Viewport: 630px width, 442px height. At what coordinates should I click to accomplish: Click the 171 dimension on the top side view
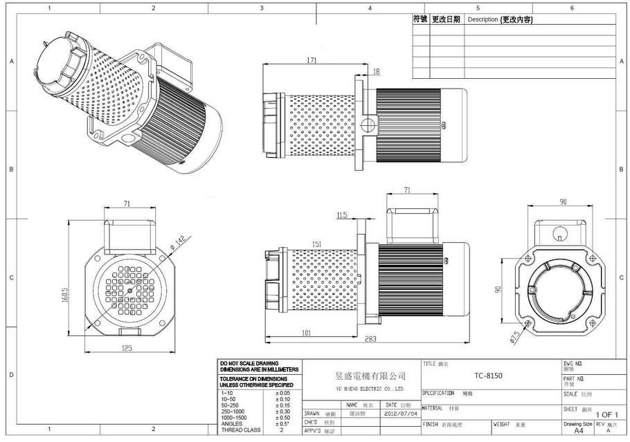click(x=312, y=61)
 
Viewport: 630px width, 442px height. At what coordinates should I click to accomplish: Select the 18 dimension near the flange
click(x=376, y=71)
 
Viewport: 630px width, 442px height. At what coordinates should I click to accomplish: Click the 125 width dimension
click(x=126, y=348)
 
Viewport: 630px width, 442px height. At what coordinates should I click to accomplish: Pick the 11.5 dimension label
click(x=341, y=216)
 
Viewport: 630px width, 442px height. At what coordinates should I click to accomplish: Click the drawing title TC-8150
click(x=489, y=376)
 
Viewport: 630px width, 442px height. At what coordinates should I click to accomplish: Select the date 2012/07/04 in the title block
click(x=401, y=414)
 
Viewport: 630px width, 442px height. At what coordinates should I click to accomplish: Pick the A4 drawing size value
click(x=578, y=430)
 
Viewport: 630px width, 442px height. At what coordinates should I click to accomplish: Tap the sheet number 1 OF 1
click(x=608, y=414)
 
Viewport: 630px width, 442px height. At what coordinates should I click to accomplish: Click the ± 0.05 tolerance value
click(x=282, y=393)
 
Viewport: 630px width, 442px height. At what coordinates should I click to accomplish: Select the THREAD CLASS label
click(x=241, y=430)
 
